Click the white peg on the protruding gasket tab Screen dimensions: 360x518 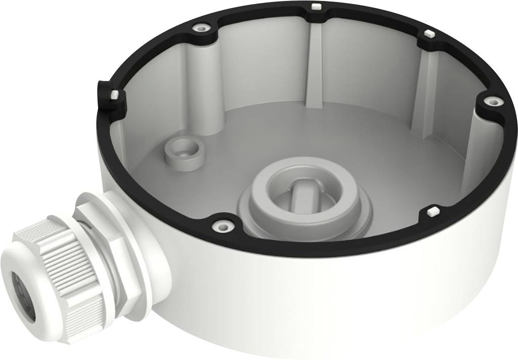click(x=114, y=95)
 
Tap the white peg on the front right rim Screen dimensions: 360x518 click(x=433, y=210)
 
